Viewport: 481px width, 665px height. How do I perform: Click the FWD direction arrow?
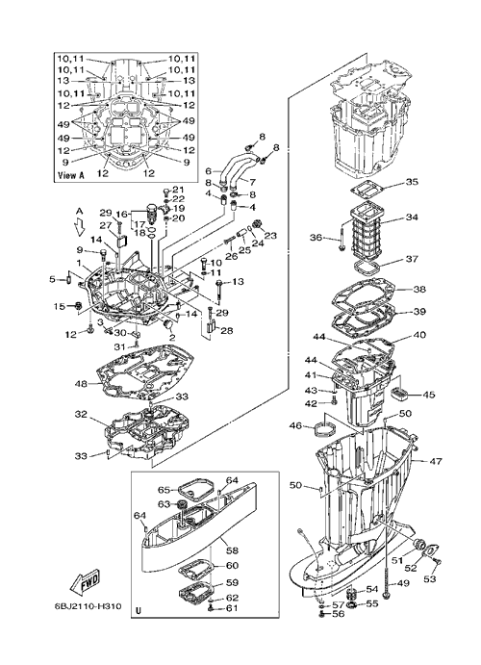(x=85, y=582)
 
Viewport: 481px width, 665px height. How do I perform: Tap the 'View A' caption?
(x=70, y=175)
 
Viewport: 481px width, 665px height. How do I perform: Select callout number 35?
(x=412, y=182)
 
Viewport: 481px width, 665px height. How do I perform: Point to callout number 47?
(x=436, y=461)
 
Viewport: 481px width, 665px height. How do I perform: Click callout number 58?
(x=232, y=550)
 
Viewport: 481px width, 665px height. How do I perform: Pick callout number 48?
(x=81, y=384)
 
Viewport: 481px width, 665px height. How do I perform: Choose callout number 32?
(x=81, y=415)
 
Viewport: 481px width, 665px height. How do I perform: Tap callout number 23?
(x=270, y=235)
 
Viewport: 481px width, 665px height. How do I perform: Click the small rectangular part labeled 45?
(x=399, y=394)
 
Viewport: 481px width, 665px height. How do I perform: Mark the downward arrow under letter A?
(x=79, y=228)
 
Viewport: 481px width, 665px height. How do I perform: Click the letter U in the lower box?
(x=138, y=611)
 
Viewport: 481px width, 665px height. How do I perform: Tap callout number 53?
(x=430, y=579)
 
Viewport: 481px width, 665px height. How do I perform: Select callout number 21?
(x=178, y=190)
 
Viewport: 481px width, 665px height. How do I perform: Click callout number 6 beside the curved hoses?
(x=208, y=171)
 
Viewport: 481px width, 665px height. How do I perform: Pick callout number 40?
(x=419, y=335)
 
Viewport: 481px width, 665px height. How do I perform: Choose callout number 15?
(x=60, y=306)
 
